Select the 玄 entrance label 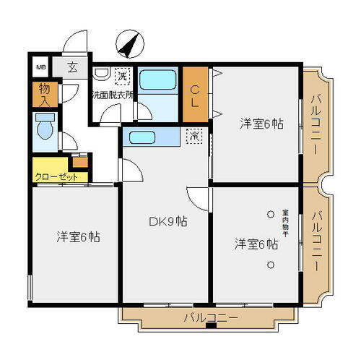point(74,69)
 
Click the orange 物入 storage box point(43,93)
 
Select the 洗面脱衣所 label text point(112,94)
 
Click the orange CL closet point(196,94)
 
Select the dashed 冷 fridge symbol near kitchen point(193,136)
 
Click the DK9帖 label point(168,222)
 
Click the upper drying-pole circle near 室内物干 point(270,214)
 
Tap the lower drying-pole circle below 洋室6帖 point(270,265)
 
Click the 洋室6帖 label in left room point(78,236)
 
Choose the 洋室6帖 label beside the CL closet point(261,124)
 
